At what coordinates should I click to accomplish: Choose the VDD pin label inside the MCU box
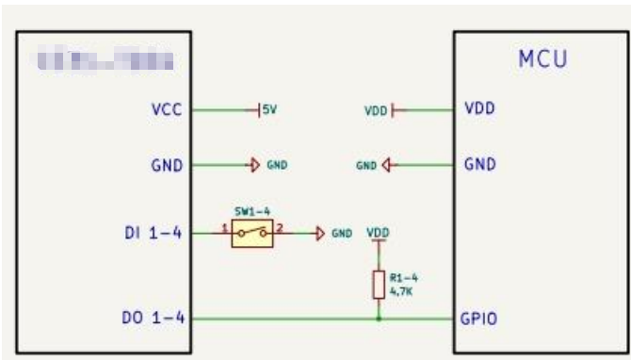(x=479, y=108)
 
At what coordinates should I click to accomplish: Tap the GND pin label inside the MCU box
(x=480, y=164)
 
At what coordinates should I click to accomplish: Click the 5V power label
(x=269, y=110)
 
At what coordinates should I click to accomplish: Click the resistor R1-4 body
(x=379, y=284)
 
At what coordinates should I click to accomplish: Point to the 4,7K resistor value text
(x=399, y=291)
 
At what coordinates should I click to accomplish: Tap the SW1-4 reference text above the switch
(x=251, y=213)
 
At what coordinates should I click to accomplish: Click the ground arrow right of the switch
(x=321, y=233)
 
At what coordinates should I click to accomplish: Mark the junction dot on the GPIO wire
(x=379, y=319)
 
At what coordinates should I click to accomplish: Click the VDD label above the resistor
(x=378, y=231)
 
